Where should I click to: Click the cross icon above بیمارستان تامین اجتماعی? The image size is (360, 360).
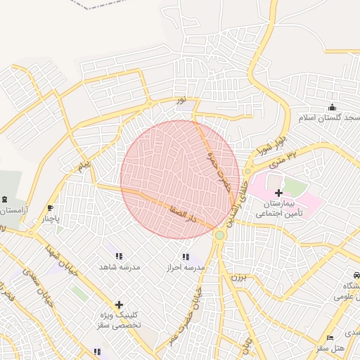click(278, 192)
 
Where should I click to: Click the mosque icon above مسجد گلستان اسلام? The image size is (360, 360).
click(332, 107)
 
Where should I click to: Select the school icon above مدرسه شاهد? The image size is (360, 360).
click(118, 257)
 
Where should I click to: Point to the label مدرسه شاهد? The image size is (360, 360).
click(120, 268)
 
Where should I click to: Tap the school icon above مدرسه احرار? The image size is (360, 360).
click(185, 257)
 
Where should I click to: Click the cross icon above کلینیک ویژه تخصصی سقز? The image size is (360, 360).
click(118, 305)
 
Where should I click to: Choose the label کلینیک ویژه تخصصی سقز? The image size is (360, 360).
click(120, 321)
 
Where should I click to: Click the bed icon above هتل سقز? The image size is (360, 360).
click(330, 338)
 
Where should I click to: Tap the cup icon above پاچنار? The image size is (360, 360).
click(49, 208)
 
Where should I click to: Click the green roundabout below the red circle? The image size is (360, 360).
click(220, 236)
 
